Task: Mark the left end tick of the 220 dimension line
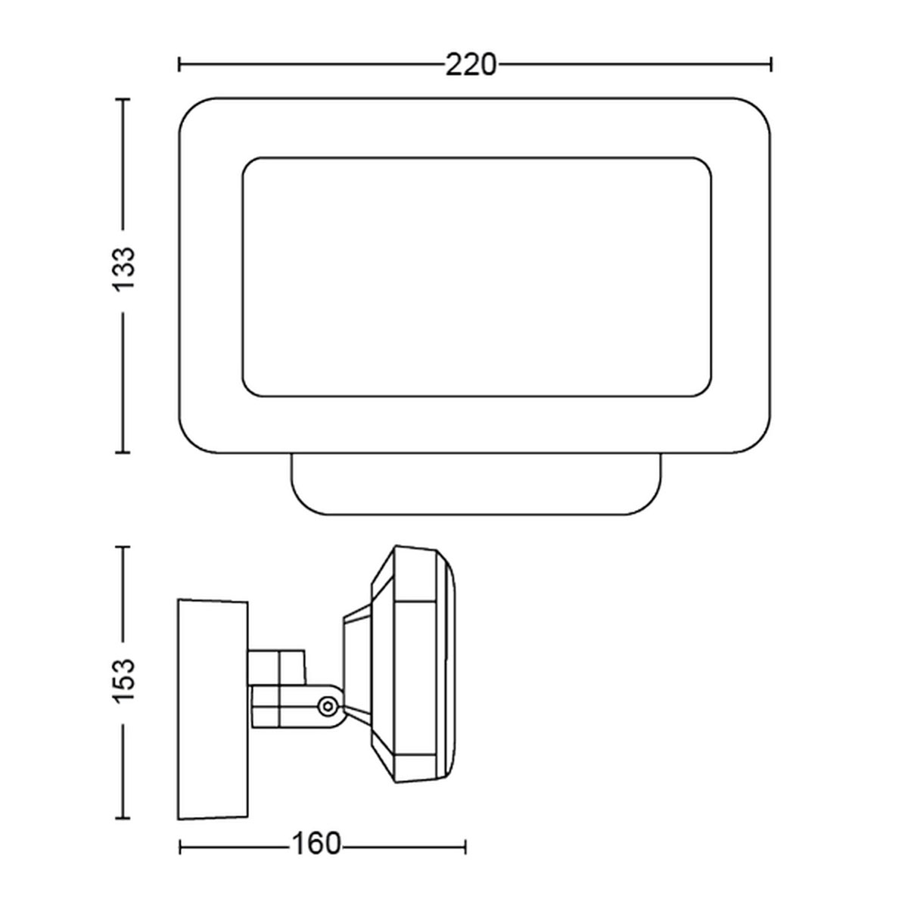pos(179,64)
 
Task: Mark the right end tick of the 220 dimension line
pos(771,64)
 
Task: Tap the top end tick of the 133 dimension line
pos(123,99)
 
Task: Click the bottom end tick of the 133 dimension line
pos(123,452)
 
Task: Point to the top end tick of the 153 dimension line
pos(123,546)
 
